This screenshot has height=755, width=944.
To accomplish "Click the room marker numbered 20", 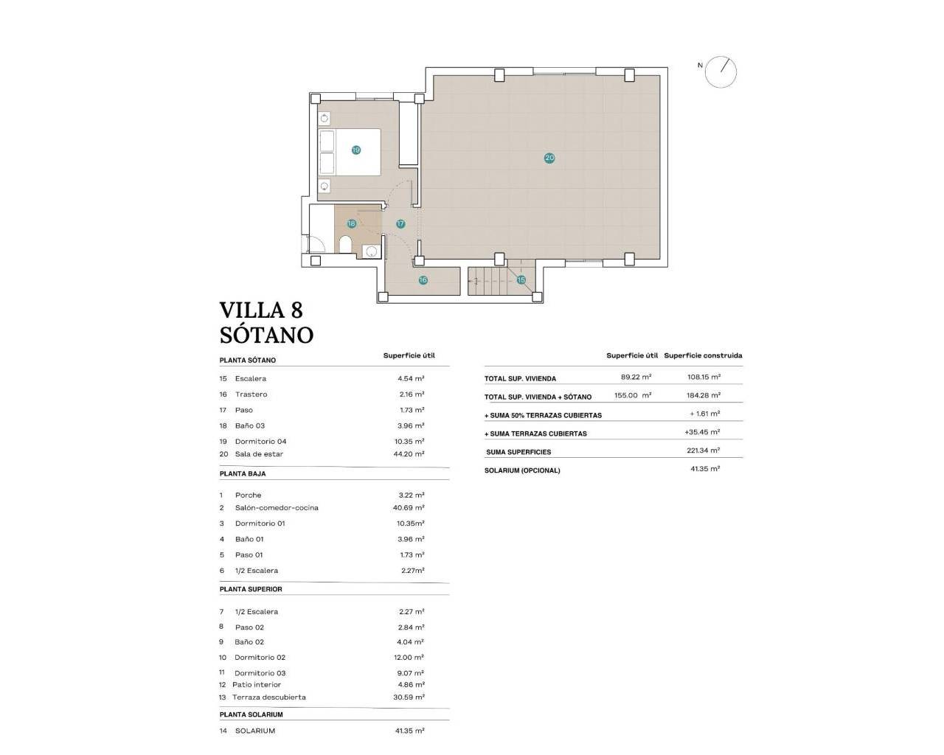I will tap(549, 158).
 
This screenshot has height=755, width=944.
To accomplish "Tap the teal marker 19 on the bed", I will tap(356, 150).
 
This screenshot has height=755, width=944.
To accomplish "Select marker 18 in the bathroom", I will tap(351, 223).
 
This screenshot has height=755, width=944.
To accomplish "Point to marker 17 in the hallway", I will tap(400, 223).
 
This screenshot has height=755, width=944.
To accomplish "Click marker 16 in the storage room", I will tap(423, 280).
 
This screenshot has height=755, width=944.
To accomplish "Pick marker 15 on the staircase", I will tap(521, 280).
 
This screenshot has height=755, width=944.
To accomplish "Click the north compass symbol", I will tap(720, 72).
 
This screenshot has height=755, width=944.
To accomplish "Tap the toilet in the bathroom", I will tap(347, 244).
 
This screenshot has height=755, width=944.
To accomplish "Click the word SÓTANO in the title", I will tap(266, 335).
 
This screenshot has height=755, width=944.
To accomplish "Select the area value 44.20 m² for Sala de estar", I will tap(410, 454).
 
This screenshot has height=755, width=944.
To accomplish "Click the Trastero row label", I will tap(251, 394).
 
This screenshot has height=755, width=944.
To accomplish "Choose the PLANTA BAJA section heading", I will tap(243, 473).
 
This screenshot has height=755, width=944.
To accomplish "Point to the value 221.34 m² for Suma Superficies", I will tap(703, 450).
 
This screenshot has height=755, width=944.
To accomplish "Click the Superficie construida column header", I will tap(703, 355).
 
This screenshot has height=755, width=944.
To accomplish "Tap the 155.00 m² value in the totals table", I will tap(632, 395).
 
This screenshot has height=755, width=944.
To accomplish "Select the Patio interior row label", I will tap(256, 685).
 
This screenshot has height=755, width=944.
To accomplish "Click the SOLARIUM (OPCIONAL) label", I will tap(522, 470).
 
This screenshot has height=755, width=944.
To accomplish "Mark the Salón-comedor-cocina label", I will tap(277, 508).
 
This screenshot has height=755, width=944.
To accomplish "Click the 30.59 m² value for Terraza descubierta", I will tap(410, 697).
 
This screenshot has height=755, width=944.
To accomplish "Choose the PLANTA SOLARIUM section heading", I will tap(251, 714).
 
